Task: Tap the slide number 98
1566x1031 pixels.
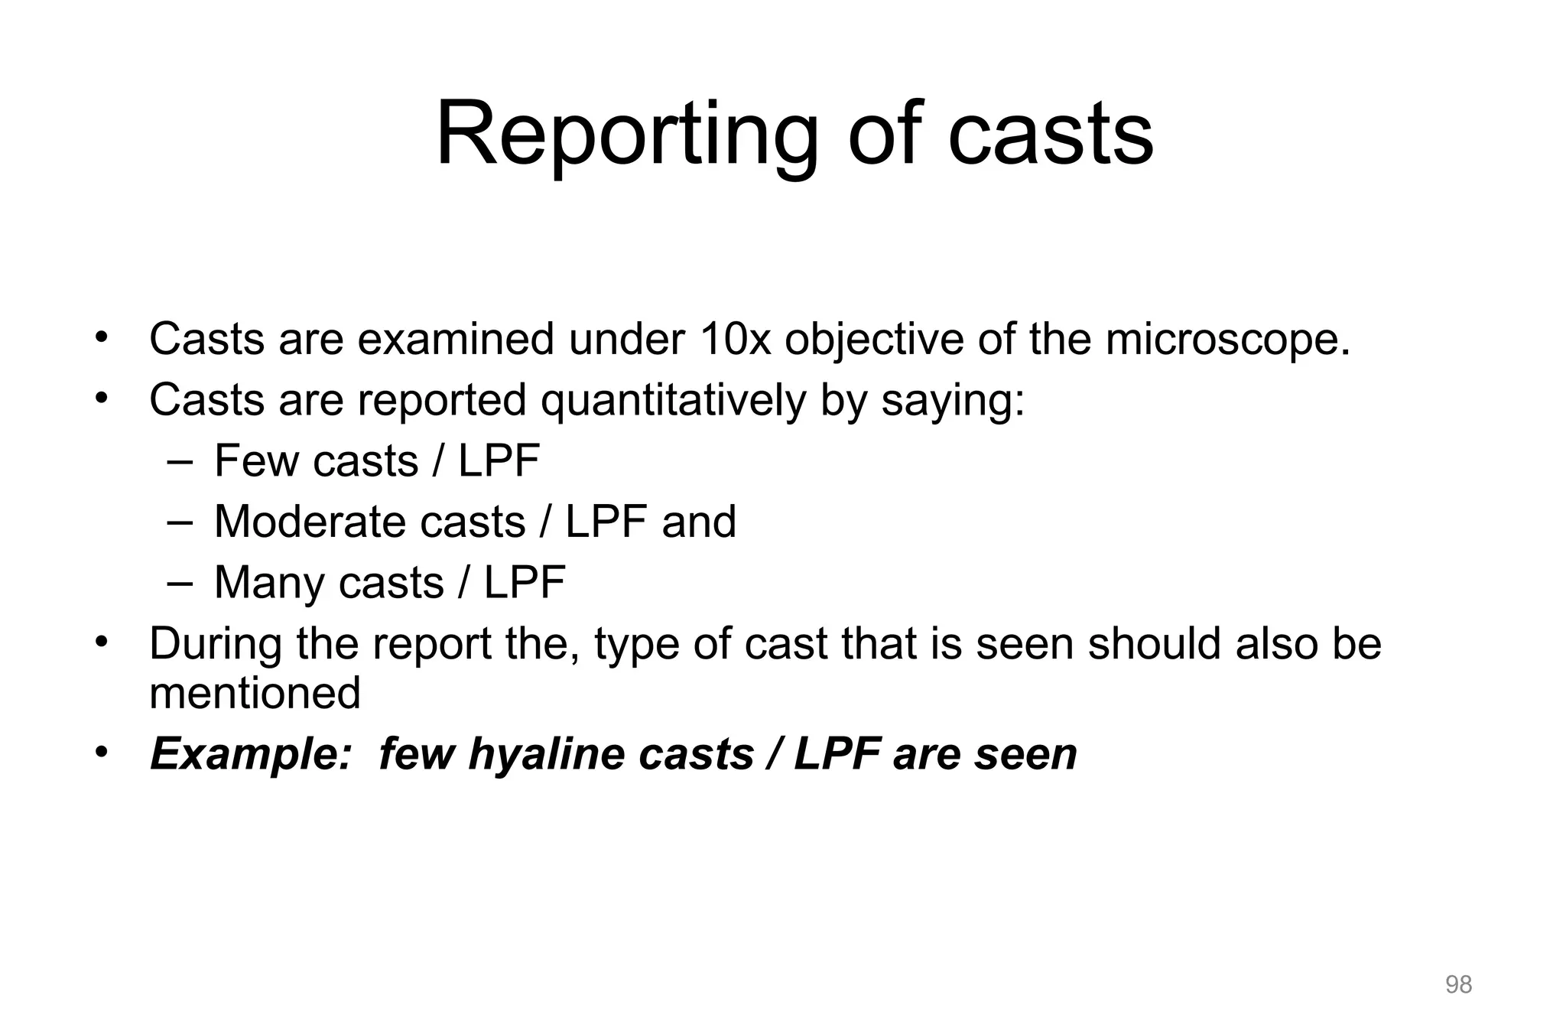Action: click(1458, 984)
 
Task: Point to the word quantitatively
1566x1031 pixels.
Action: click(673, 400)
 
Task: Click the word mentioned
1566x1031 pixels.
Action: click(255, 693)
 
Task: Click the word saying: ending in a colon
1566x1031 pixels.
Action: click(953, 400)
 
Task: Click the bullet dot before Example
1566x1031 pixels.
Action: click(100, 753)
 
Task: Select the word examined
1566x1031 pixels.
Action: click(456, 339)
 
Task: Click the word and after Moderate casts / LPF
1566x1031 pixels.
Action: click(699, 522)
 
